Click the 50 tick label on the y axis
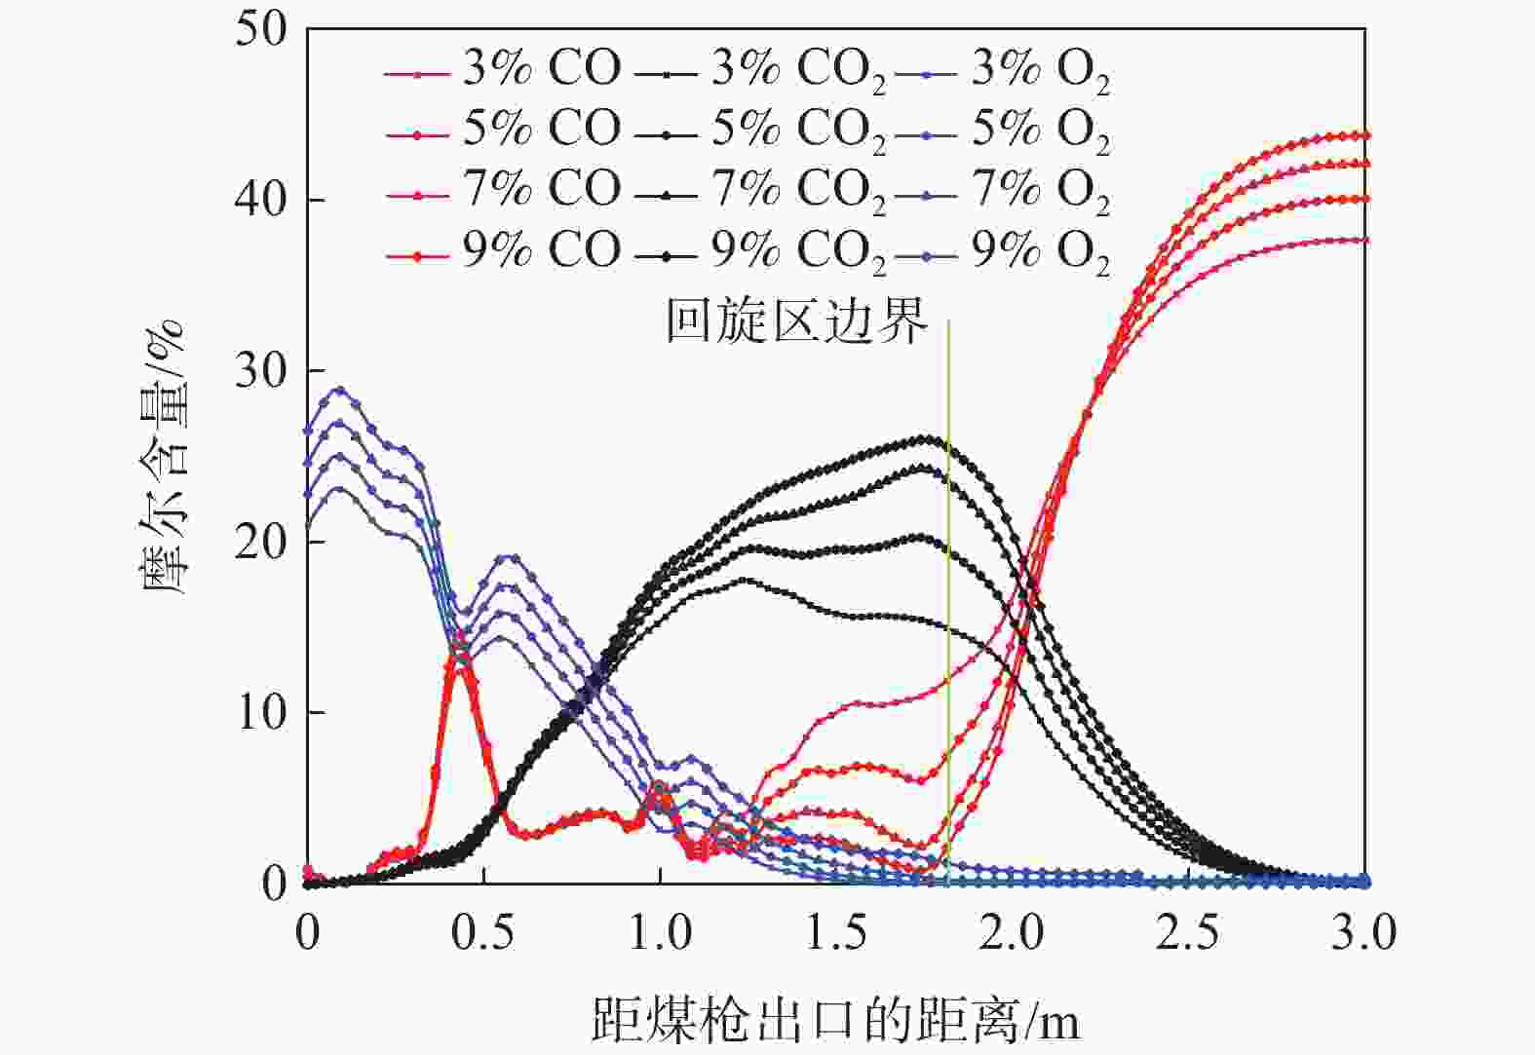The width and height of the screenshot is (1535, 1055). tap(261, 29)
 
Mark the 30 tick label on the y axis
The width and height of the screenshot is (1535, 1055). tap(261, 371)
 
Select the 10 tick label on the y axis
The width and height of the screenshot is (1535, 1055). tap(261, 713)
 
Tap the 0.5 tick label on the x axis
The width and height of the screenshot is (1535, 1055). tap(483, 933)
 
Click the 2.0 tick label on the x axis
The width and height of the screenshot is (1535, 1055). tap(1012, 933)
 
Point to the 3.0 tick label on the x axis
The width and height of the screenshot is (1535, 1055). tap(1363, 933)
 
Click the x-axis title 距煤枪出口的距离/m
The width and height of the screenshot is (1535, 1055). tap(835, 1020)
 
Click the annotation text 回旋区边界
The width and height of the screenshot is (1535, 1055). tap(796, 320)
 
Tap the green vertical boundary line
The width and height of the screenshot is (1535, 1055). tap(948, 584)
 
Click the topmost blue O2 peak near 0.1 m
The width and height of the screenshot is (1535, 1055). tap(339, 390)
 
